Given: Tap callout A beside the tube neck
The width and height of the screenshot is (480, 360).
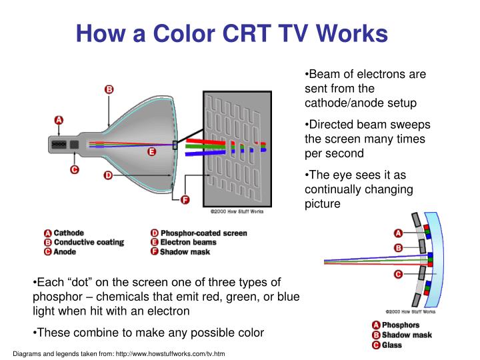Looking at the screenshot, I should coord(59,121).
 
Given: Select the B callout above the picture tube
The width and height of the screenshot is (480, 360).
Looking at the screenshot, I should coord(109,89).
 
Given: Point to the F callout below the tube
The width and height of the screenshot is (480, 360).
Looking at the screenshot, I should coord(185,199).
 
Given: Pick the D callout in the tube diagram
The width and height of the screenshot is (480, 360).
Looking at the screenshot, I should coord(107,175).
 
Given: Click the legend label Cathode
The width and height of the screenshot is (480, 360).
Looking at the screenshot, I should coord(69,233).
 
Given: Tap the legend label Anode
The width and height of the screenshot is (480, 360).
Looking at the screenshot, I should coord(65,252).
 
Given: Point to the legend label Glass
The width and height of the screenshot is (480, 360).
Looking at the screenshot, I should coord(393,345).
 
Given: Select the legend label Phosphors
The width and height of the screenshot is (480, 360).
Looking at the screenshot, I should coord(401,325).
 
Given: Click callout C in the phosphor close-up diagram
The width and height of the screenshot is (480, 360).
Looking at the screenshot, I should coord(398,273).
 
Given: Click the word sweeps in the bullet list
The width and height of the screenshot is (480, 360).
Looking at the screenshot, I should coord(412,125).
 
